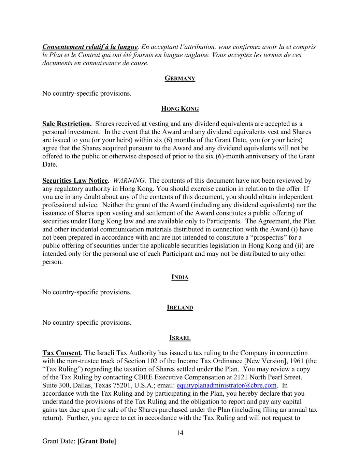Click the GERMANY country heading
(180, 79)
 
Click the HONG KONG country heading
(180, 109)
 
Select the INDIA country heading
(180, 277)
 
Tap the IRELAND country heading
(180, 308)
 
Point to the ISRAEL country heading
(180, 338)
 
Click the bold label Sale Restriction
(67, 124)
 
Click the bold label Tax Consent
(61, 353)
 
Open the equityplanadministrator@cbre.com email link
(226, 385)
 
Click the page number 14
(180, 433)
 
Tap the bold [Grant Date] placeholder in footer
(97, 441)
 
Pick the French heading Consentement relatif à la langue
(90, 47)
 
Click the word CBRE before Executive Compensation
(143, 377)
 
